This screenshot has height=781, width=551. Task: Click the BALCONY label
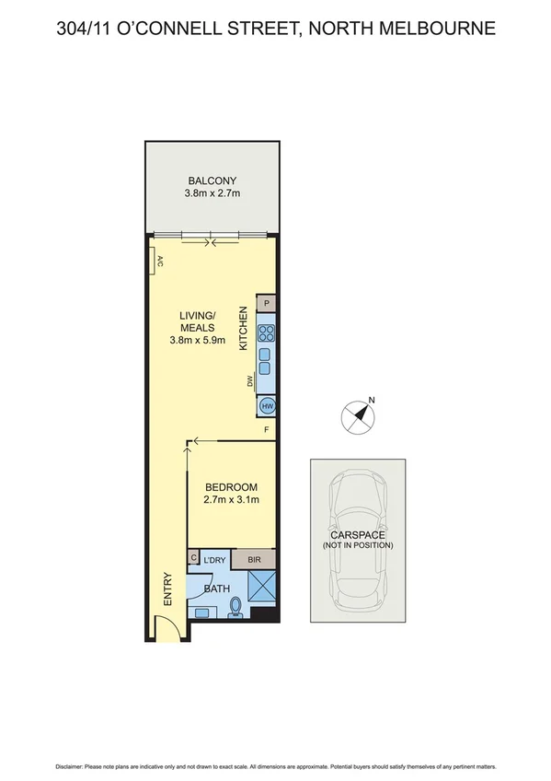(212, 181)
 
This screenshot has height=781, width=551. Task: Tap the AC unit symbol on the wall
(159, 262)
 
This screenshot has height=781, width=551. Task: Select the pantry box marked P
(266, 303)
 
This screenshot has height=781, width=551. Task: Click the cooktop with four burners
(267, 333)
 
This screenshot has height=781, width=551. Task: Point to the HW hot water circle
(267, 406)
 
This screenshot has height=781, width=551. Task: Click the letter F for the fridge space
(267, 430)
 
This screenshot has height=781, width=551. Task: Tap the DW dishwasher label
(248, 380)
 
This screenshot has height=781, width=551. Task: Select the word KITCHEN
(244, 328)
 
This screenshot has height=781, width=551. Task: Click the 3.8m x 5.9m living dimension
(197, 340)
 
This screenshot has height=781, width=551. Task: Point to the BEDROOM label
(231, 487)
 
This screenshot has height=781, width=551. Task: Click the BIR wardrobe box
(254, 559)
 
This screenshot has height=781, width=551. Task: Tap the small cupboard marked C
(194, 558)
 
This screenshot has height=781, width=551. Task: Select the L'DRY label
(214, 560)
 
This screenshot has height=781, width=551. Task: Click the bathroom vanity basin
(201, 611)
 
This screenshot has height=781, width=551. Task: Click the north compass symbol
(359, 416)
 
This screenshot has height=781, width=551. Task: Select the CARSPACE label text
(357, 534)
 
